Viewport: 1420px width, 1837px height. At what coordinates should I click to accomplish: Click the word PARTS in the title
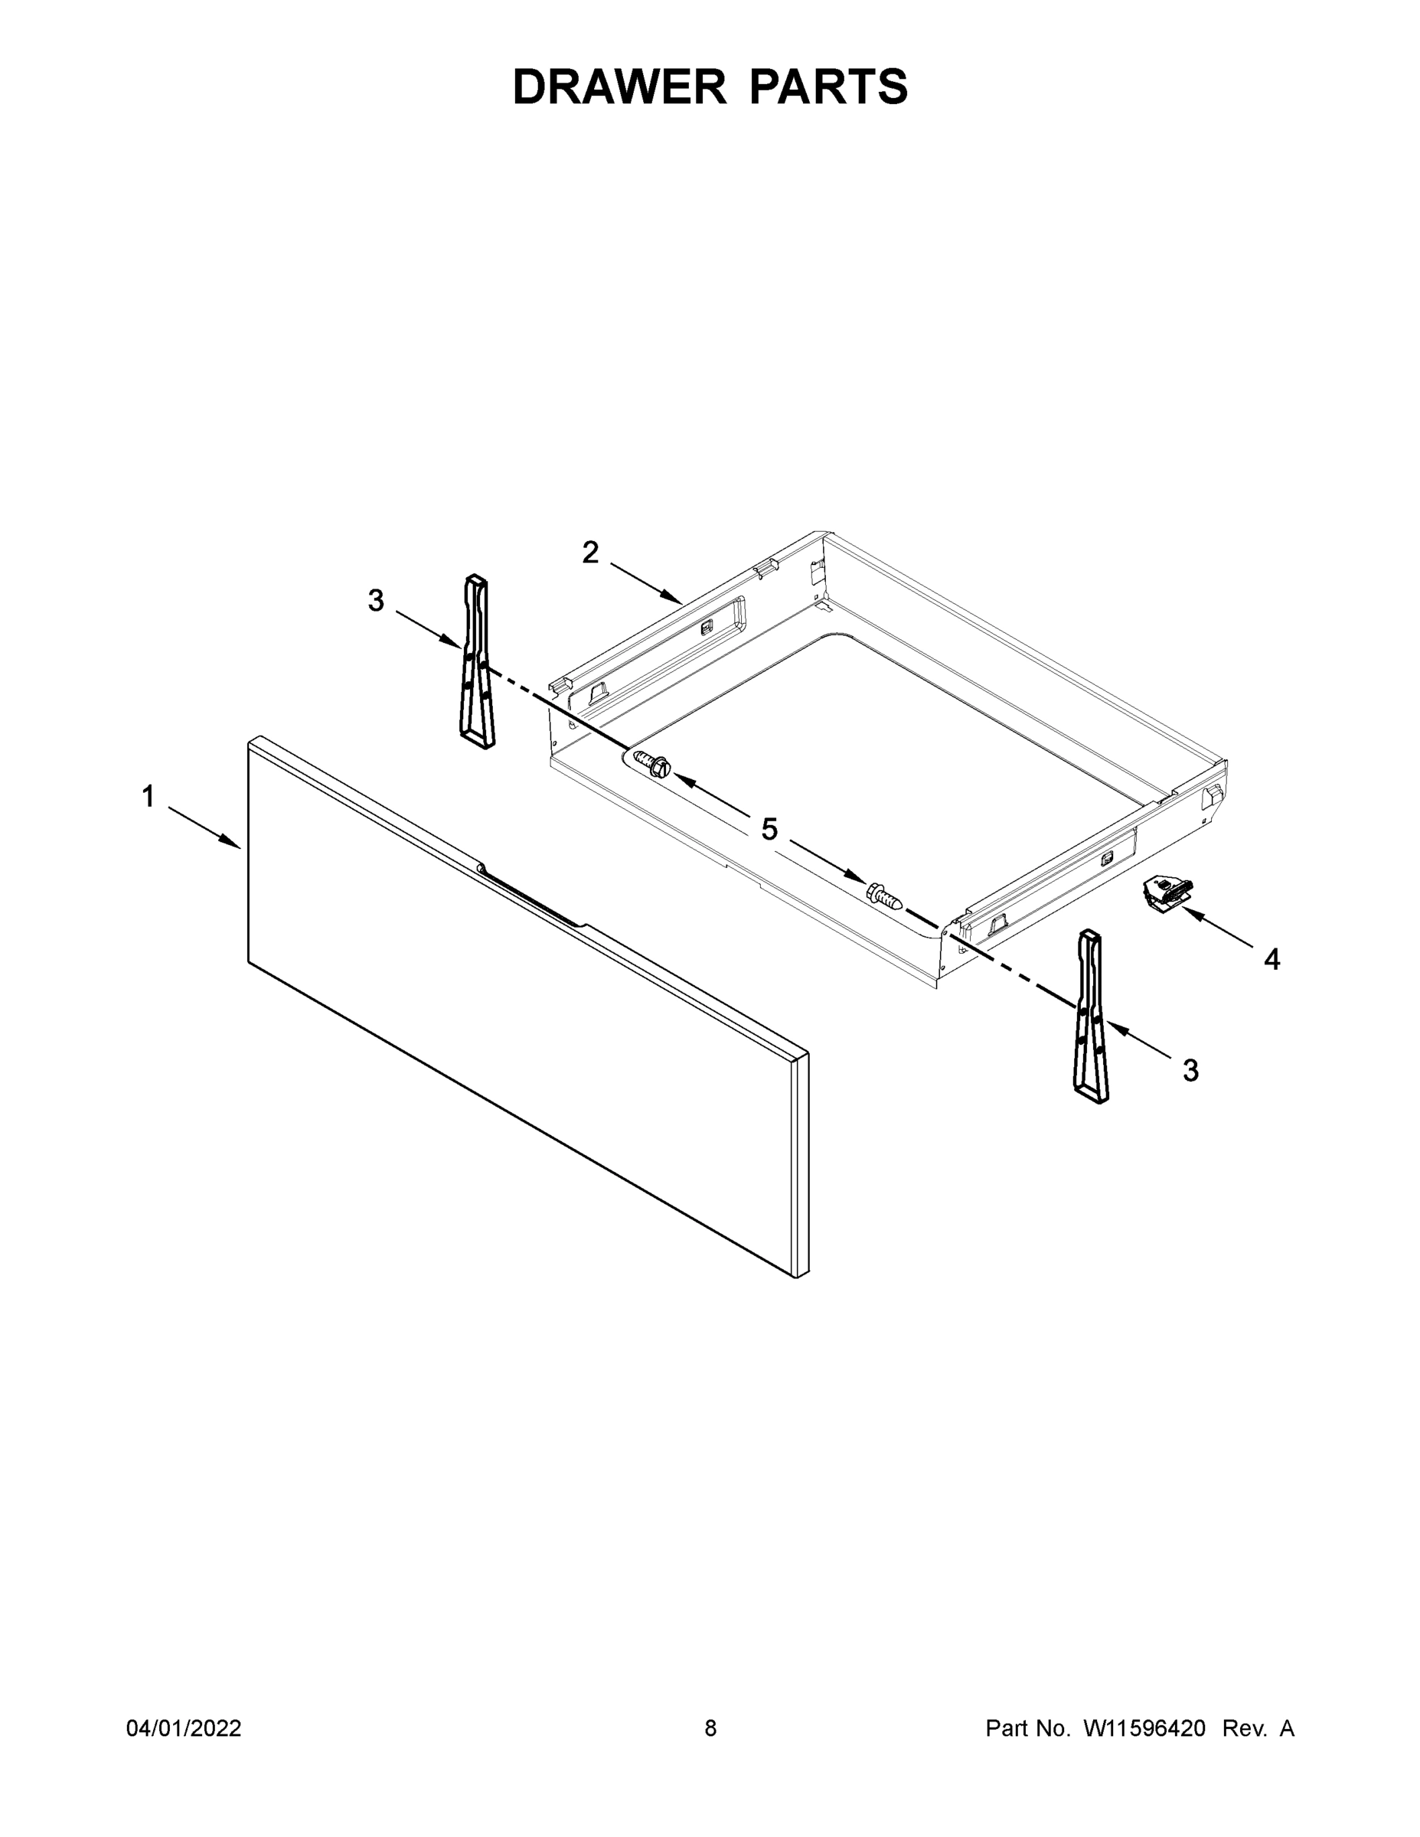pos(828,86)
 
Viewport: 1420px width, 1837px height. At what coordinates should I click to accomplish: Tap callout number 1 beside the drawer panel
pos(148,796)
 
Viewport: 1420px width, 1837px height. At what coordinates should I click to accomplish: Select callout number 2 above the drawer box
pos(590,553)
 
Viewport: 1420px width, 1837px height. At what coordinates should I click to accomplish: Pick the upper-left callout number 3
pos(376,601)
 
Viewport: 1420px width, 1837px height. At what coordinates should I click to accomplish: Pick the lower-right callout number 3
pos(1190,1070)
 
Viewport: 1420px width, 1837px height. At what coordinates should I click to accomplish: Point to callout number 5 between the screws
pos(769,830)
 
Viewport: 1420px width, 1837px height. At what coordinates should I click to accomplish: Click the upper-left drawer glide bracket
pos(476,661)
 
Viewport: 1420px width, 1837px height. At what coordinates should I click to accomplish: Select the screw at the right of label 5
pos(885,895)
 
